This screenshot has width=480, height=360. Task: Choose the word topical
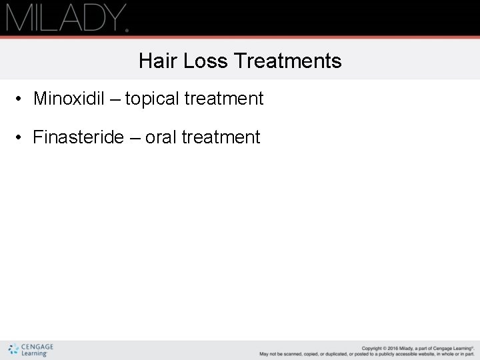[x=152, y=99]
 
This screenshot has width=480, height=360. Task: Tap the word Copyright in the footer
[x=373, y=348]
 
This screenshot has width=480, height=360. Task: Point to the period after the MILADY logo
[x=127, y=29]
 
